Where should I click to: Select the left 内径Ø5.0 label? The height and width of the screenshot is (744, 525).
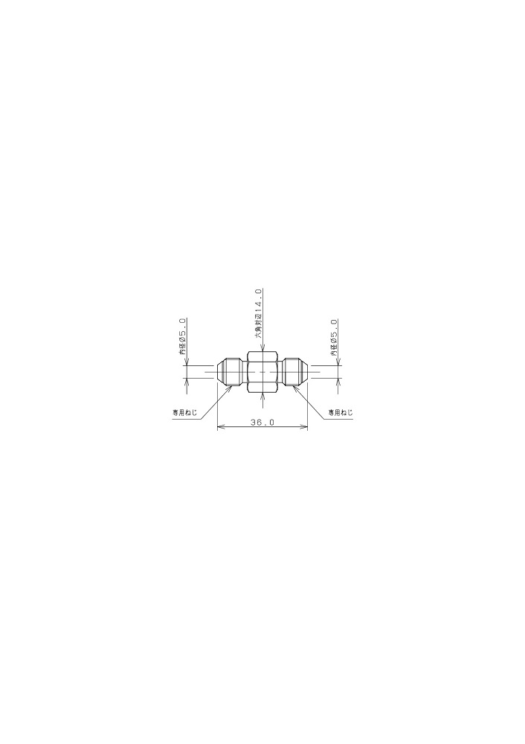(182, 337)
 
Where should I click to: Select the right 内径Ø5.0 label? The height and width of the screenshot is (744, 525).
(335, 338)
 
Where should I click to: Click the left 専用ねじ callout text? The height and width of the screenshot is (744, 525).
(184, 412)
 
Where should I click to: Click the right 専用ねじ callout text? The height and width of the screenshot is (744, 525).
(341, 412)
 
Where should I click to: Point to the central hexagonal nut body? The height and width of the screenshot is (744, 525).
(262, 372)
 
